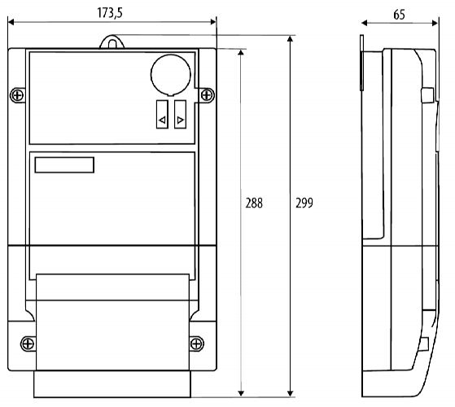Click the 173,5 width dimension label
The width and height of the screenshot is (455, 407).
tap(110, 13)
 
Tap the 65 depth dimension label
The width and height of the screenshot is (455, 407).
tap(399, 15)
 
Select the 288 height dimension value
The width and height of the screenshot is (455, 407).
tap(254, 203)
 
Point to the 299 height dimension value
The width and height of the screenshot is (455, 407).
tap(304, 203)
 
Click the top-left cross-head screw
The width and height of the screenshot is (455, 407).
tap(17, 95)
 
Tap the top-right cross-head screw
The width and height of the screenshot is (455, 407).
tap(207, 95)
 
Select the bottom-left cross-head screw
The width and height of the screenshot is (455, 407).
tap(28, 344)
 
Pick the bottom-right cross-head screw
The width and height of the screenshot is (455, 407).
tap(196, 344)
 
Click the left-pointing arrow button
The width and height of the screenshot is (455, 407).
tap(162, 114)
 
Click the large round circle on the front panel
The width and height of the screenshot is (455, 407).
tap(171, 75)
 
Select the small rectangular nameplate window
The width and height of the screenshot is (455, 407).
tap(64, 165)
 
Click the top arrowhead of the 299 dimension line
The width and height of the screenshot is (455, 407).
tap(290, 38)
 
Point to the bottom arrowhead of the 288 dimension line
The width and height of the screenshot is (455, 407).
tap(241, 393)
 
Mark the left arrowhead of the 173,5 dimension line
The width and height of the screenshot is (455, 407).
tap(11, 22)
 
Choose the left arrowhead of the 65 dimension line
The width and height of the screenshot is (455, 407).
tap(365, 23)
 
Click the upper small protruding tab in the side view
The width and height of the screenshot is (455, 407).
tap(427, 95)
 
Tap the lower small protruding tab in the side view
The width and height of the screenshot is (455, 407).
tap(424, 344)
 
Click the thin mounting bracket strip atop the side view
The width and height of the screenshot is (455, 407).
tap(361, 63)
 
